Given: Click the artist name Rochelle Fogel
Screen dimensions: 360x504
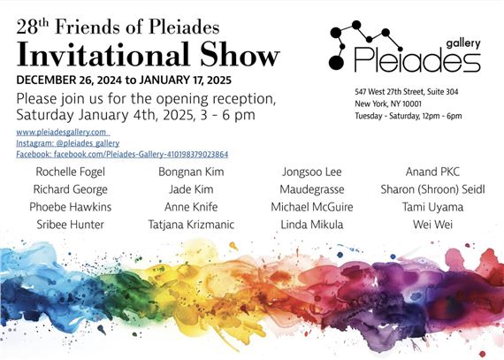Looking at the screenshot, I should pos(71,172).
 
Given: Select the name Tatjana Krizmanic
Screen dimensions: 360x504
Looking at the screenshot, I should pos(191,225).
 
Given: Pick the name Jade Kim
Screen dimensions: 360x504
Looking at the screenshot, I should pos(192,189).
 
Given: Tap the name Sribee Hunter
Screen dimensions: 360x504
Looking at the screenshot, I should pos(71,225).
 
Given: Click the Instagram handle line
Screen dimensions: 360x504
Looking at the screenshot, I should pos(68,142).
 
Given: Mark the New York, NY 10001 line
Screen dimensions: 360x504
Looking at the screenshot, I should pos(384,103).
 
